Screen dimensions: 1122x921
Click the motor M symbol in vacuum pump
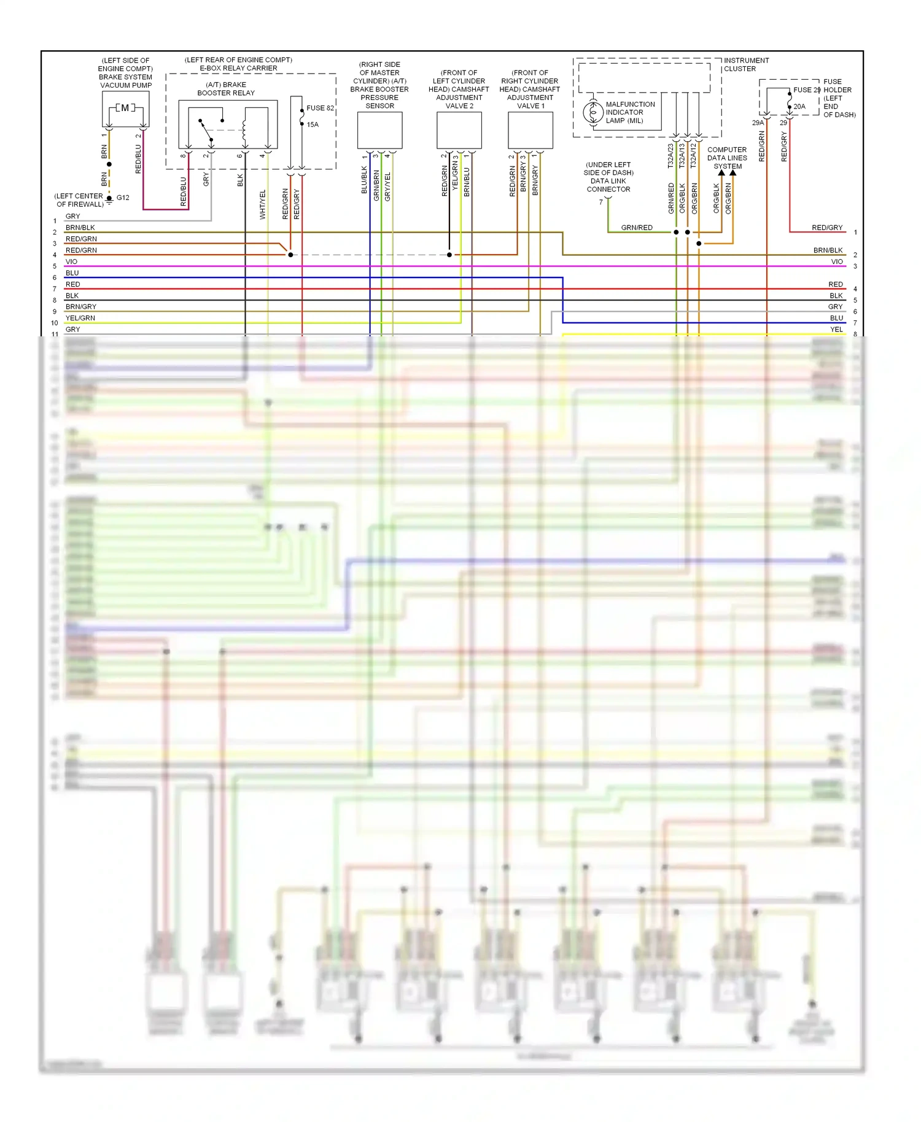[x=125, y=108]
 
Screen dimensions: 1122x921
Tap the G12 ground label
[x=123, y=198]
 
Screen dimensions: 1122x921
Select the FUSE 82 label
[x=320, y=108]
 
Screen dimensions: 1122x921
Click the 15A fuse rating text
[x=313, y=125]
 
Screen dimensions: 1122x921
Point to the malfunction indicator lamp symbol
[x=593, y=113]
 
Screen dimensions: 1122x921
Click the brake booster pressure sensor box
[x=379, y=130]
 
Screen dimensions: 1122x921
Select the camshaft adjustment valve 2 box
[x=459, y=130]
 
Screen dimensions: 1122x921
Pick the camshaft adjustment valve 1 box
[x=530, y=130]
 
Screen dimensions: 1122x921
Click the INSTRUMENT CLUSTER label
[x=746, y=64]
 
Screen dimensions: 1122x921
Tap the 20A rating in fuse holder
[x=799, y=107]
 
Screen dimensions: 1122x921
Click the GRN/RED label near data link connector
[x=637, y=228]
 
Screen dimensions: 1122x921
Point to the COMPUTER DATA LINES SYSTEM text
[x=727, y=158]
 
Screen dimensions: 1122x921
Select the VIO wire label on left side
[x=71, y=261]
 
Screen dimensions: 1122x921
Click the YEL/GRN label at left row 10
[x=80, y=318]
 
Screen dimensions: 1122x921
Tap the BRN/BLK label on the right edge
[x=828, y=250]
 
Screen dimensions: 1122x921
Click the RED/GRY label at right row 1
[x=827, y=228]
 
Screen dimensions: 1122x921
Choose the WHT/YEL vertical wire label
[x=263, y=204]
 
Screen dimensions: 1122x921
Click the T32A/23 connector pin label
[x=670, y=156]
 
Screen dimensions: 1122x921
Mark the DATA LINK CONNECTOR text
[x=608, y=185]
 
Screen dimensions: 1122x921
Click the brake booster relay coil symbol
[x=244, y=127]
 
